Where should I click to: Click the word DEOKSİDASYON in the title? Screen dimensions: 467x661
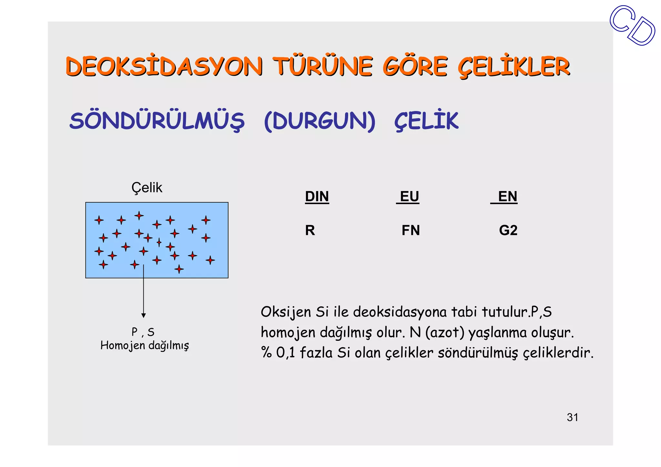pyautogui.click(x=164, y=66)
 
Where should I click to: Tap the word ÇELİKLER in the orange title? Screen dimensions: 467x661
pyautogui.click(x=514, y=67)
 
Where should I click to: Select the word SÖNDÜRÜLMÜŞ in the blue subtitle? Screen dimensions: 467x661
pyautogui.click(x=157, y=121)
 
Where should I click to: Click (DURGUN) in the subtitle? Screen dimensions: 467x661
pyautogui.click(x=320, y=121)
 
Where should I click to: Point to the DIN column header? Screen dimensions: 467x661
pyautogui.click(x=317, y=197)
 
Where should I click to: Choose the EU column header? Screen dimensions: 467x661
pyautogui.click(x=409, y=197)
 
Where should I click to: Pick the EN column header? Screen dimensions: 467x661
pyautogui.click(x=507, y=197)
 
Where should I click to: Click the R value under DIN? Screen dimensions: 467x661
pyautogui.click(x=310, y=230)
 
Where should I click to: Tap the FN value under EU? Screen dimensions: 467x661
pyautogui.click(x=411, y=230)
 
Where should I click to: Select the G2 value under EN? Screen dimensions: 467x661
pyautogui.click(x=508, y=230)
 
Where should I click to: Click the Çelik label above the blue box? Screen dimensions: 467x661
pyautogui.click(x=147, y=188)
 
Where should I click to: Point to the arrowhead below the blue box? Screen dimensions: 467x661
pyautogui.click(x=144, y=315)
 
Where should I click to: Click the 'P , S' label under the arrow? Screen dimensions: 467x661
pyautogui.click(x=143, y=332)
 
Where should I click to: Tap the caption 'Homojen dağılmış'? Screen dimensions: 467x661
pyautogui.click(x=145, y=346)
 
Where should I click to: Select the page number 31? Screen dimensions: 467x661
pyautogui.click(x=572, y=417)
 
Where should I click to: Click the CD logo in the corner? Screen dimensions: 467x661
pyautogui.click(x=633, y=25)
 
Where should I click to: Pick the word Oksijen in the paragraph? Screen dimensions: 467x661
pyautogui.click(x=286, y=312)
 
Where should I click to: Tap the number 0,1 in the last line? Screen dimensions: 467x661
pyautogui.click(x=285, y=353)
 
